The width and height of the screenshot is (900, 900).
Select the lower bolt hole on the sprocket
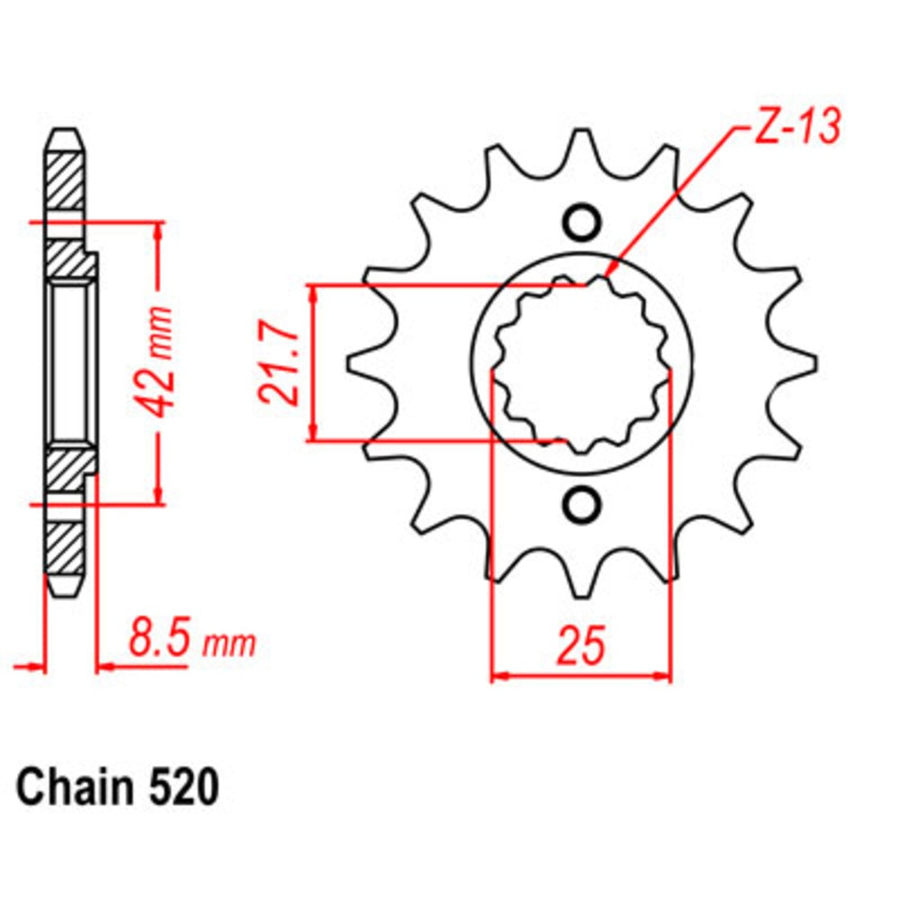pos(580,504)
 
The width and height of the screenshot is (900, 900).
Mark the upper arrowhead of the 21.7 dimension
pos(313,293)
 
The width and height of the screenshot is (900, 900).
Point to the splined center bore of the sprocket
pos(581,364)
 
